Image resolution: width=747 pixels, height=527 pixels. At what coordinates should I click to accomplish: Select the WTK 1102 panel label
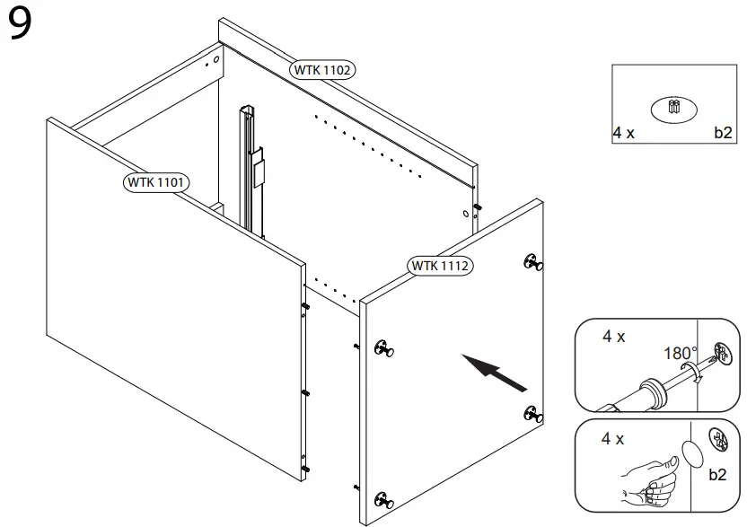pyautogui.click(x=322, y=69)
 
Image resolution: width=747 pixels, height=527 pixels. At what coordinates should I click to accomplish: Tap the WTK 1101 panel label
pyautogui.click(x=155, y=182)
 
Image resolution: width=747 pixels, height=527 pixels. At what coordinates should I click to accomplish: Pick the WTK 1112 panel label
pyautogui.click(x=440, y=266)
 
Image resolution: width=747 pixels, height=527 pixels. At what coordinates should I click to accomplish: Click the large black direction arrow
pyautogui.click(x=494, y=373)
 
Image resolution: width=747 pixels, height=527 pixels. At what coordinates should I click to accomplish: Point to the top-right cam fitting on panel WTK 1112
pyautogui.click(x=532, y=262)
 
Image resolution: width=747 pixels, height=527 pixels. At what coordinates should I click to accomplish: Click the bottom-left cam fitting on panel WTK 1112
pyautogui.click(x=386, y=500)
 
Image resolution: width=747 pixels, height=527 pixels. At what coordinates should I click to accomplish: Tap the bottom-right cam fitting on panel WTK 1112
pyautogui.click(x=532, y=415)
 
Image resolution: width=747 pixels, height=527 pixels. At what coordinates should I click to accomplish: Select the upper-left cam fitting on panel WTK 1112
pyautogui.click(x=386, y=348)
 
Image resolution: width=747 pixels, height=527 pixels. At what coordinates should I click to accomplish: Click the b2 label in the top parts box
pyautogui.click(x=723, y=133)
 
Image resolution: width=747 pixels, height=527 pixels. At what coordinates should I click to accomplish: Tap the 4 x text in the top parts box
pyautogui.click(x=624, y=133)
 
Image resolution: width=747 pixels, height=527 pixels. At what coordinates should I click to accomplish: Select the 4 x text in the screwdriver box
pyautogui.click(x=614, y=337)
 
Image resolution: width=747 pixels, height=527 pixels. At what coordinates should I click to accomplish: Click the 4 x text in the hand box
pyautogui.click(x=614, y=440)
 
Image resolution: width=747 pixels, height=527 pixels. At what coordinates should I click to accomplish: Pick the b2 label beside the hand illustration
pyautogui.click(x=717, y=475)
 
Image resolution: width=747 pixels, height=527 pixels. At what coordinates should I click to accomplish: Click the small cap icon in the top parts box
pyautogui.click(x=675, y=109)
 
